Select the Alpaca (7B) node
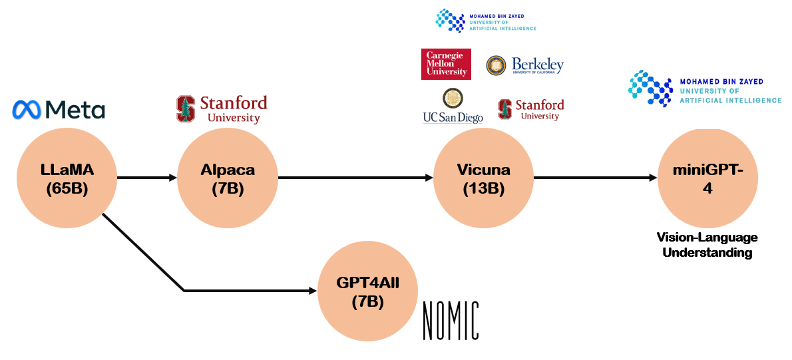(x=228, y=178)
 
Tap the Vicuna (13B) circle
(x=483, y=178)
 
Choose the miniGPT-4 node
(x=707, y=178)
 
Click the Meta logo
(x=59, y=109)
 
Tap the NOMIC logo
(x=451, y=320)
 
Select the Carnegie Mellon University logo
(x=446, y=64)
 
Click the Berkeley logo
(x=525, y=65)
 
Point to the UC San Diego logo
(x=453, y=106)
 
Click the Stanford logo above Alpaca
(x=222, y=109)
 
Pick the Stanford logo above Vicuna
(x=531, y=109)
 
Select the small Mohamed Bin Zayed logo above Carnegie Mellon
(x=486, y=20)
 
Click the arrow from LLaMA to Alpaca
(x=147, y=178)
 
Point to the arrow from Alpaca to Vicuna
(x=356, y=178)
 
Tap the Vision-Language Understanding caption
(x=707, y=245)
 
